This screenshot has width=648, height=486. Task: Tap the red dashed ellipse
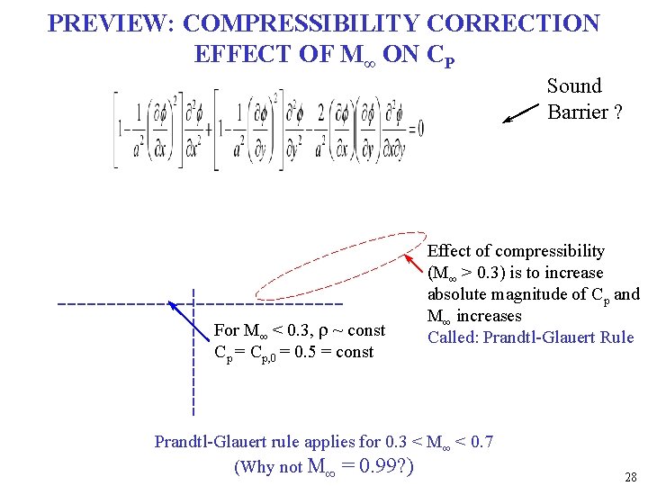click(338, 265)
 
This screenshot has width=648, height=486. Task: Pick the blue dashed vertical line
click(194, 378)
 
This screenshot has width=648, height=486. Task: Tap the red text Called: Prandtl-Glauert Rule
click(530, 337)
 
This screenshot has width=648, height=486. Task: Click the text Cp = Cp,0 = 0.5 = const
click(293, 352)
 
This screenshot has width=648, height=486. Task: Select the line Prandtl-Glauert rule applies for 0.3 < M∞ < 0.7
click(323, 441)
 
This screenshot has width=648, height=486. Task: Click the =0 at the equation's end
click(415, 128)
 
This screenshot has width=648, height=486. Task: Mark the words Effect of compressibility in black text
click(516, 251)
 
